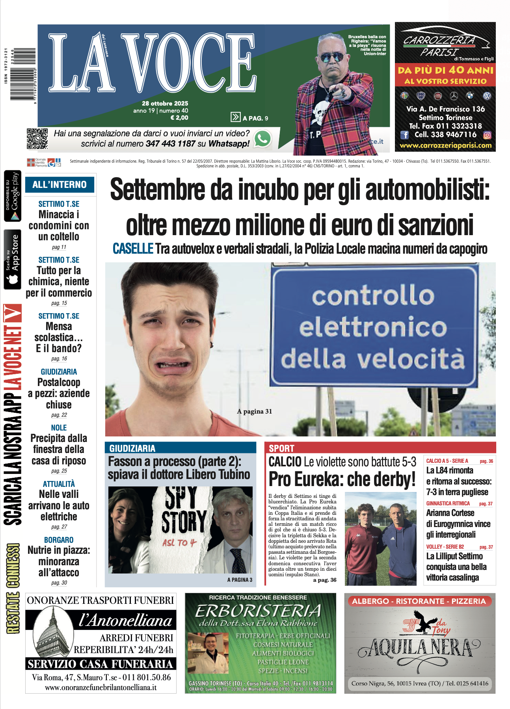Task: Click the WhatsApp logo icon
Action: tap(263, 139)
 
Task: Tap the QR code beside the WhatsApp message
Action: tap(37, 139)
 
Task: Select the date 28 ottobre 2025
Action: tap(165, 103)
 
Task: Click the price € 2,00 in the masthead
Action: tap(179, 117)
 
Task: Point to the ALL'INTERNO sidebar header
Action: tap(60, 184)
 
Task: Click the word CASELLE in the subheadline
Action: tap(133, 249)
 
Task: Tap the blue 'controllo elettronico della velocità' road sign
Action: tap(374, 327)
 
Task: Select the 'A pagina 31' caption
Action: tap(255, 411)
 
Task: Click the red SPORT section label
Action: tap(281, 448)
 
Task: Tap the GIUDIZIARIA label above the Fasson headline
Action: tap(132, 448)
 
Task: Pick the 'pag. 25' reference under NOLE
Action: tap(59, 471)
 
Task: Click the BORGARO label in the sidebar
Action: tap(59, 540)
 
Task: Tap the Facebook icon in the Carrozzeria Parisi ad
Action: tap(404, 135)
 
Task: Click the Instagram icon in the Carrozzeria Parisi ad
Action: tap(487, 135)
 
